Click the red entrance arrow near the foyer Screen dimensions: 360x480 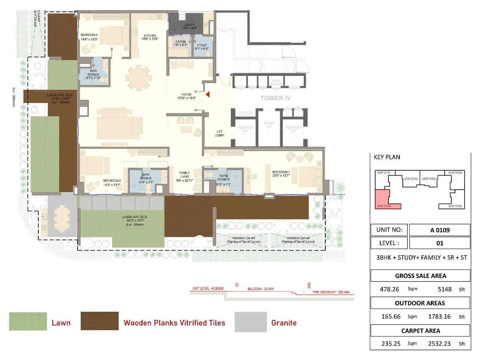208,94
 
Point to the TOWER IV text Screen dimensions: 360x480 275,98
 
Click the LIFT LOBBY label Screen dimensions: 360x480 220,133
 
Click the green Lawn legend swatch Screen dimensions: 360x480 28,321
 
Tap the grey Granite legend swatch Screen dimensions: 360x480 250,322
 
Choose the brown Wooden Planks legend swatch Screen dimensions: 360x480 100,321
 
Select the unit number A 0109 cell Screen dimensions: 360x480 439,230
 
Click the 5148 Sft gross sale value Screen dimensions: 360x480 445,289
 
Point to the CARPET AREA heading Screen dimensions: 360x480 420,331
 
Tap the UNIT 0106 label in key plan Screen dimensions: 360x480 455,206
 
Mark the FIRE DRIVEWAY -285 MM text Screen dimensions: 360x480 331,292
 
